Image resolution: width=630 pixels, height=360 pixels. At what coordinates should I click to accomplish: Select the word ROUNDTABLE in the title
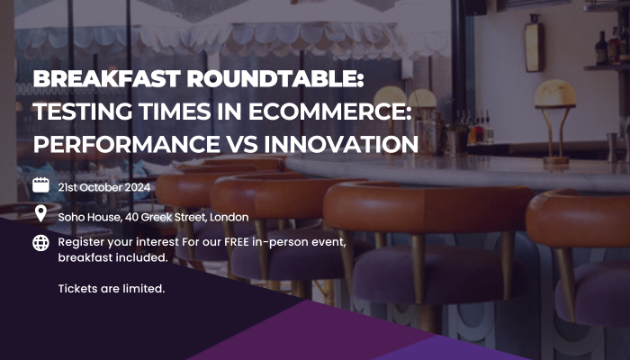[275, 78]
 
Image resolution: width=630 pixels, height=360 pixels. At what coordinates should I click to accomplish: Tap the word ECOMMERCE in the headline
[330, 112]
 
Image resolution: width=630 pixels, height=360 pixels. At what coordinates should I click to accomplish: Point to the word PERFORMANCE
[127, 144]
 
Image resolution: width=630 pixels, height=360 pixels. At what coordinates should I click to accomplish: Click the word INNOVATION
[341, 144]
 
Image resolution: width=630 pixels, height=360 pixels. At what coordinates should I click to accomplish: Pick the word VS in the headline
[242, 144]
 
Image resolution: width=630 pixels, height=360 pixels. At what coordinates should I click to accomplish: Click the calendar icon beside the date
[40, 185]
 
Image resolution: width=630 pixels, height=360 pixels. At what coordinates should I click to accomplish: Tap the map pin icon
[40, 213]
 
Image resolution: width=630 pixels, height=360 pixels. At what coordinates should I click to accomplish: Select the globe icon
[40, 243]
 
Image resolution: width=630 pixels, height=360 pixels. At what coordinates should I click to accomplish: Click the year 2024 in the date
[138, 187]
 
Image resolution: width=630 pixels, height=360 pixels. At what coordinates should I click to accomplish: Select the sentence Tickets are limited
[112, 289]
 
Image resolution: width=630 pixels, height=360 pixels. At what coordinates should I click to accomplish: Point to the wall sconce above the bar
[534, 43]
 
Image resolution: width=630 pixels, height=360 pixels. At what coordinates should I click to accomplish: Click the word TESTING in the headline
[83, 112]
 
